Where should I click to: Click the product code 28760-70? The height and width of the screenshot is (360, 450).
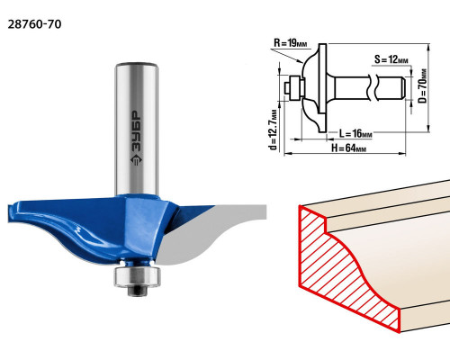point(34,24)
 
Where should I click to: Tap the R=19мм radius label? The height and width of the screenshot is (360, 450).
point(291,43)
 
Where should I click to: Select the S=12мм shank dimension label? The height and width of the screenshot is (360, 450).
point(391,59)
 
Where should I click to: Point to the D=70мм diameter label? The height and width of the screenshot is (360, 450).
point(423,85)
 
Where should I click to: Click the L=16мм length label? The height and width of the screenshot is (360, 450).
point(355,133)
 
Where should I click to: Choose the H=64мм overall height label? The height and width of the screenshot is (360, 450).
point(348,148)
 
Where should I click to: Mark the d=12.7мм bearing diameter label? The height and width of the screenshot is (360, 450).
point(273,130)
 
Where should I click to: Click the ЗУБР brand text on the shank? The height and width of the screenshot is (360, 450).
point(137,130)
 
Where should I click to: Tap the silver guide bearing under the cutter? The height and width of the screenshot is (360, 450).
point(137,276)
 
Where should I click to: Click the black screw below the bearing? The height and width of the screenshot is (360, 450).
point(137,291)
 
